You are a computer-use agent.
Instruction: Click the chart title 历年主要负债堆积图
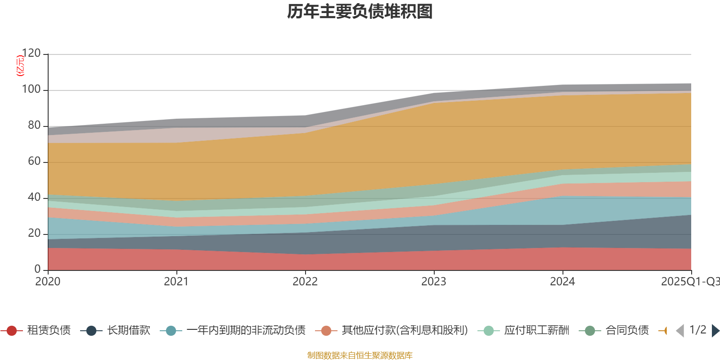(x=360, y=12)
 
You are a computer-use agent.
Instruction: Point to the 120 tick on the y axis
(x=31, y=54)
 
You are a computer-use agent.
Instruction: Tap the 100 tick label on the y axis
(x=31, y=90)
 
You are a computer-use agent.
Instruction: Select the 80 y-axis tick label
(x=34, y=126)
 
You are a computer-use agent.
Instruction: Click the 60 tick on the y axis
(x=34, y=162)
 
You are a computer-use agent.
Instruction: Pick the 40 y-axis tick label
(x=34, y=198)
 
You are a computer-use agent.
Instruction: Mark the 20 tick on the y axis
(x=34, y=234)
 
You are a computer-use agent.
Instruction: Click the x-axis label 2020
(x=48, y=282)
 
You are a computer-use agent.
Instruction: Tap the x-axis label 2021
(x=176, y=282)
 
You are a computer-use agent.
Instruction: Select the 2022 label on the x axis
(x=305, y=282)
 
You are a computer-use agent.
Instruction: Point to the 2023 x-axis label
(x=434, y=282)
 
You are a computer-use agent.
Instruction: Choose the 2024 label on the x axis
(x=562, y=282)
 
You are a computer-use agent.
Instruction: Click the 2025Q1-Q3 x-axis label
(x=690, y=282)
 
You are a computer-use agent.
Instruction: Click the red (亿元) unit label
(x=20, y=66)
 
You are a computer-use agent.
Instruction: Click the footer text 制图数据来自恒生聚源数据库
(x=360, y=355)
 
